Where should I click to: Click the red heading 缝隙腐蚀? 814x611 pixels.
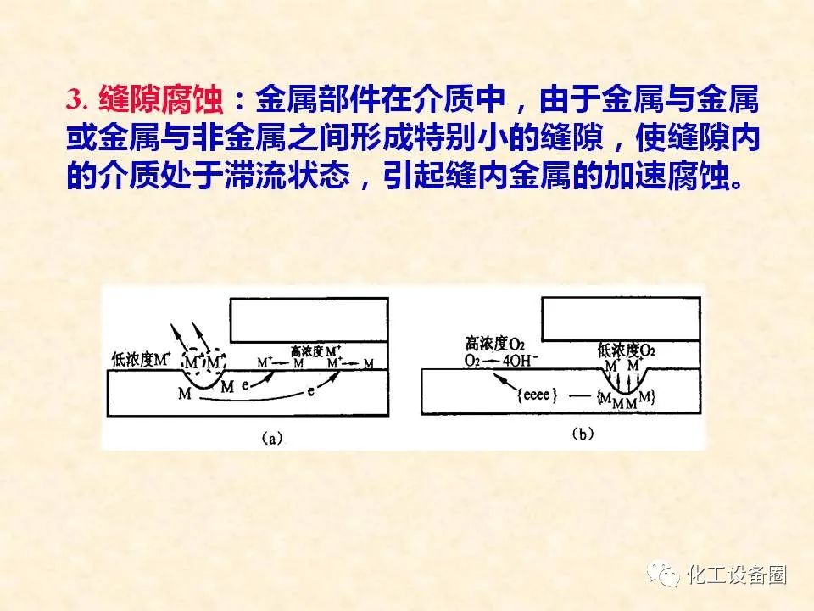point(161,100)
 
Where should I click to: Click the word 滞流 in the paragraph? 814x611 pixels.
point(256,175)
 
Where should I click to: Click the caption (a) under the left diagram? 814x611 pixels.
point(272,439)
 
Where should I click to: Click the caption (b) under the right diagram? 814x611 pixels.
point(582,434)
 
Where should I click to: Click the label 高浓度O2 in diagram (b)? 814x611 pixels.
point(494,344)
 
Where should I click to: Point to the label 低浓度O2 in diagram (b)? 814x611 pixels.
point(626,350)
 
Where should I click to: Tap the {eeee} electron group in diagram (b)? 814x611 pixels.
point(538,395)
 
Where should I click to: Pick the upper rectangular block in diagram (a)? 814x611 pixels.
point(309,320)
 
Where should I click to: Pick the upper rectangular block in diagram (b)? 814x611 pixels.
point(621,319)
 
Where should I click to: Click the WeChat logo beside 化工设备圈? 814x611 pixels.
point(663,575)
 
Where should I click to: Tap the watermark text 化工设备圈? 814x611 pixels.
point(737,575)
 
